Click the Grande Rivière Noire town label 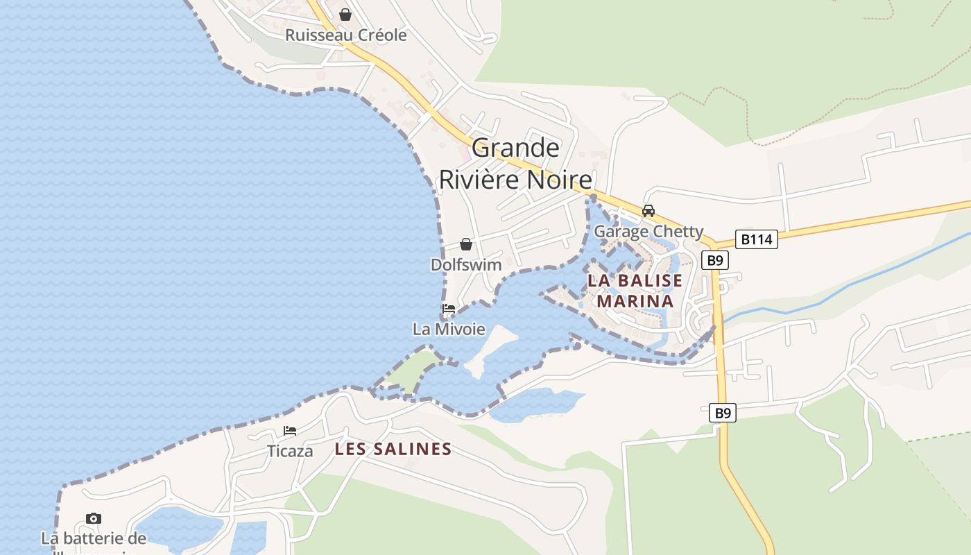[515, 164]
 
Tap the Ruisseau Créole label [346, 35]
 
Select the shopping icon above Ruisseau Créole [345, 14]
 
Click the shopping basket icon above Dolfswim [466, 244]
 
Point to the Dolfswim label [466, 265]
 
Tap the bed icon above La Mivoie [449, 309]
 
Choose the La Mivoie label [449, 329]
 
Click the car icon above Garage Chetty [648, 211]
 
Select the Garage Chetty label [648, 231]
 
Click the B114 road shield [756, 239]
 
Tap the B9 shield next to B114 [715, 260]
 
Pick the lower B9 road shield [723, 413]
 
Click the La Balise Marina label [635, 291]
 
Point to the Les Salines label [393, 449]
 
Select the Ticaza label [290, 451]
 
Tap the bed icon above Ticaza [290, 431]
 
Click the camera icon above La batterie [94, 518]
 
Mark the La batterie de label [94, 538]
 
